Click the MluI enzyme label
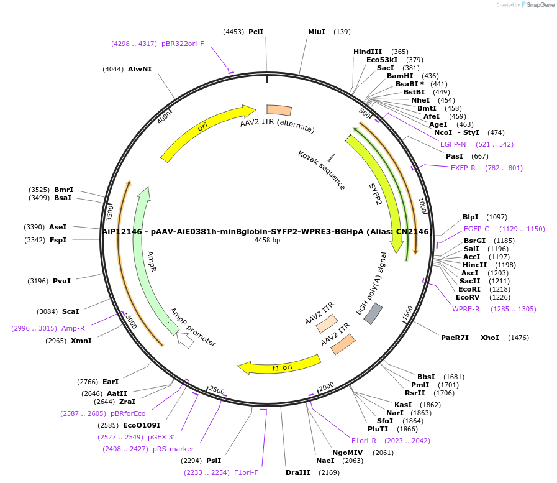317,32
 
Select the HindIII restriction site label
368,52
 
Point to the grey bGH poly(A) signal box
373,314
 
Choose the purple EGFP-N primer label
453,144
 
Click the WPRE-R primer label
466,309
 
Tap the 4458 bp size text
267,240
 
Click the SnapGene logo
537,5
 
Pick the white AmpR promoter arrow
185,339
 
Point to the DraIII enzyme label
297,472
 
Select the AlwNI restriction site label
140,69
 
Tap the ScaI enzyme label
71,311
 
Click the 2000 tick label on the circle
327,386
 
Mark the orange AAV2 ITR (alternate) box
279,110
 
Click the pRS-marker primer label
173,449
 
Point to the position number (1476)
519,338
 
